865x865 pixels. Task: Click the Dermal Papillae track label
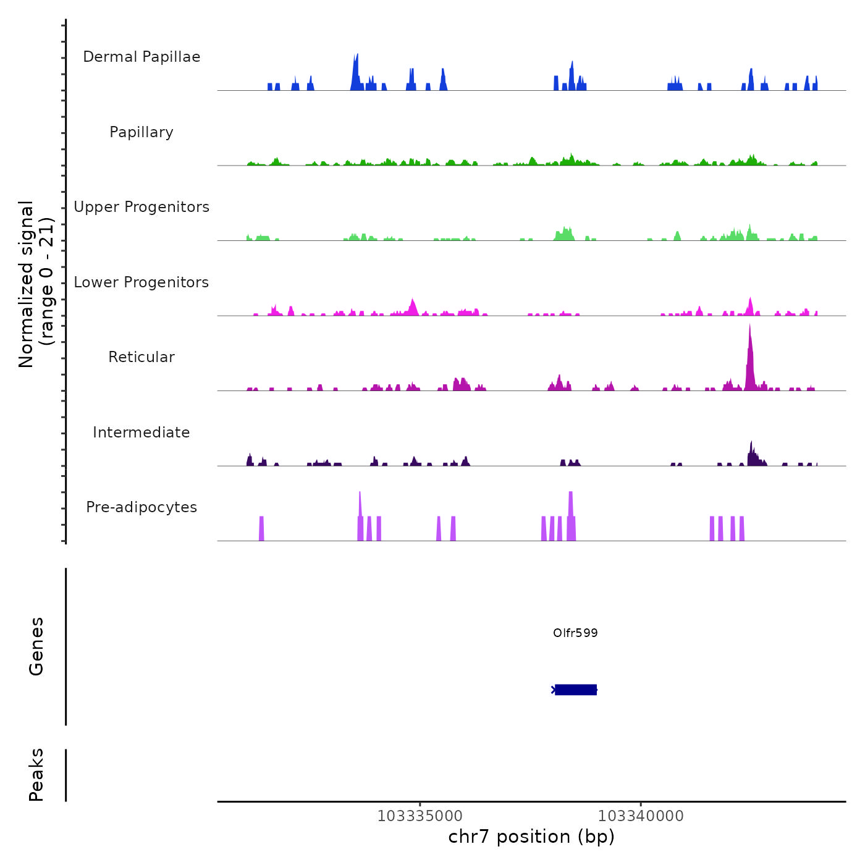[x=141, y=57]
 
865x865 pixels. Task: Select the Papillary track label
[x=141, y=132]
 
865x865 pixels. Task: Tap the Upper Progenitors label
[x=141, y=207]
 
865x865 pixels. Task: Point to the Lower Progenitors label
[x=141, y=282]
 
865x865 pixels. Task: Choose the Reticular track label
[x=141, y=357]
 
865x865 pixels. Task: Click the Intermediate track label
[x=141, y=432]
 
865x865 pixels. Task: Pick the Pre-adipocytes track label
[x=141, y=507]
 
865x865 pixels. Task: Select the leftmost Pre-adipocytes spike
[x=261, y=528]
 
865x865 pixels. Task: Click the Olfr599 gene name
[x=575, y=633]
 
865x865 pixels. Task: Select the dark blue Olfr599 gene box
[x=576, y=690]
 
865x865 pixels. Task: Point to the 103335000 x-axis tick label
[x=420, y=816]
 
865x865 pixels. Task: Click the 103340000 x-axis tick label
[x=641, y=816]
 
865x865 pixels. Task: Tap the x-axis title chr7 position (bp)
[x=531, y=837]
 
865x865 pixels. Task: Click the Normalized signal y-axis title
[x=36, y=284]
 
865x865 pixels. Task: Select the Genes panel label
[x=36, y=646]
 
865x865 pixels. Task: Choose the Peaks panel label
[x=36, y=775]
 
